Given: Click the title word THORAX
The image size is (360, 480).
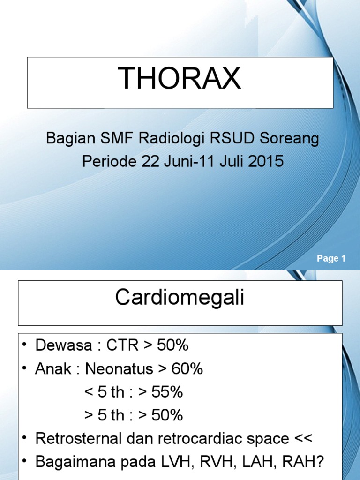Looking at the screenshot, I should point(180,78).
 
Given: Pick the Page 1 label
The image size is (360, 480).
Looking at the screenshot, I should point(331,258).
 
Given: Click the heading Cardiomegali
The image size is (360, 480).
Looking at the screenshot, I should point(180,298).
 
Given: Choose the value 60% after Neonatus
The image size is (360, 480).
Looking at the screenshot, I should point(187,369).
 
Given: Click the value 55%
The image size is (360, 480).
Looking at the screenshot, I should point(167,392).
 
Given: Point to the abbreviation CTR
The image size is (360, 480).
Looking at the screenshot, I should point(123,346).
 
